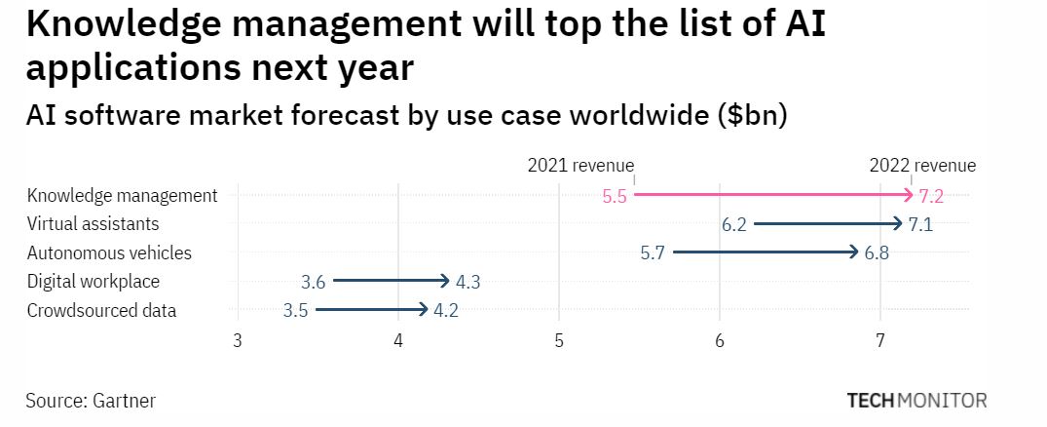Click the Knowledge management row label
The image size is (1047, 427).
click(122, 195)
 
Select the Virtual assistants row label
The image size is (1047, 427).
click(93, 224)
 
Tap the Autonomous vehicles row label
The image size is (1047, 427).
click(109, 252)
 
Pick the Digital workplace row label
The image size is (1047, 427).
click(93, 282)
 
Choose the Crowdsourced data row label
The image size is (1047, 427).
click(101, 311)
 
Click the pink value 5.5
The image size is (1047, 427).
click(615, 196)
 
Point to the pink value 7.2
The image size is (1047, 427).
click(931, 196)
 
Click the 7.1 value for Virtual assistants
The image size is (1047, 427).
click(920, 225)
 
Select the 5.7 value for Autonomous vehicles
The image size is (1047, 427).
click(653, 253)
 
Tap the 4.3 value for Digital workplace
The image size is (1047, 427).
click(467, 283)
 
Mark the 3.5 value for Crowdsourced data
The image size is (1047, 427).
click(295, 312)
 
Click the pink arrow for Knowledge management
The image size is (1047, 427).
click(769, 195)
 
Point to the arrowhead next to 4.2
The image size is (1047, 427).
click(424, 311)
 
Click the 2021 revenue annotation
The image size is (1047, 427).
click(580, 166)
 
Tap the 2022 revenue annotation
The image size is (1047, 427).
click(922, 166)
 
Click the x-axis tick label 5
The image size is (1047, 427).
click(558, 341)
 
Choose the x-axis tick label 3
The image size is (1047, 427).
click(237, 341)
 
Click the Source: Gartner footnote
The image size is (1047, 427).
click(91, 401)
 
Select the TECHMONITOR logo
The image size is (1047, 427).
click(916, 401)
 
